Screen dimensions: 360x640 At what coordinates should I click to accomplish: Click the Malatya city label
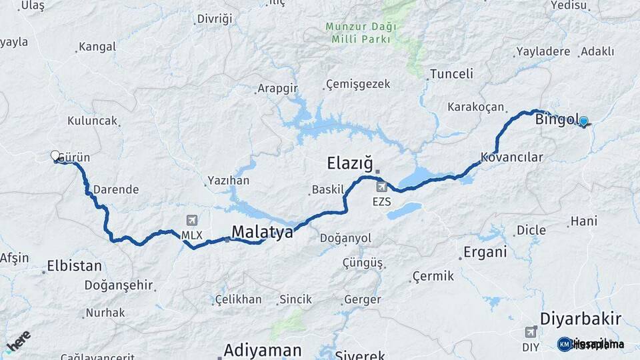262,232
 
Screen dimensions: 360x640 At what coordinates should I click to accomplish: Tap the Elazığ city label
348,163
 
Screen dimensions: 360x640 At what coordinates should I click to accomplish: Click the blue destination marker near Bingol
584,121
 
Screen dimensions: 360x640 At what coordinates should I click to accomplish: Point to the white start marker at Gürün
55,155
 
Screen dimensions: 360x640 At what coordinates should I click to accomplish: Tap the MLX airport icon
193,221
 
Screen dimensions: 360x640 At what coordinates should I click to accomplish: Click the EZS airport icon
381,186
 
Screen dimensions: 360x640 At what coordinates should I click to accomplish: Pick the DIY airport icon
531,331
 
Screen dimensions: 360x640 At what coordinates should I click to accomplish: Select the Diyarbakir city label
581,317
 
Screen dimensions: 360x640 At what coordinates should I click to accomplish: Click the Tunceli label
451,74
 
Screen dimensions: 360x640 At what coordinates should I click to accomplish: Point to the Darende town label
115,189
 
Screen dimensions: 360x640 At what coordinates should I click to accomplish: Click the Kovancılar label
512,158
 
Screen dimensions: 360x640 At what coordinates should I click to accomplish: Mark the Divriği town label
215,19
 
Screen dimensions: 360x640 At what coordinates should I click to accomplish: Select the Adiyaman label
263,350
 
